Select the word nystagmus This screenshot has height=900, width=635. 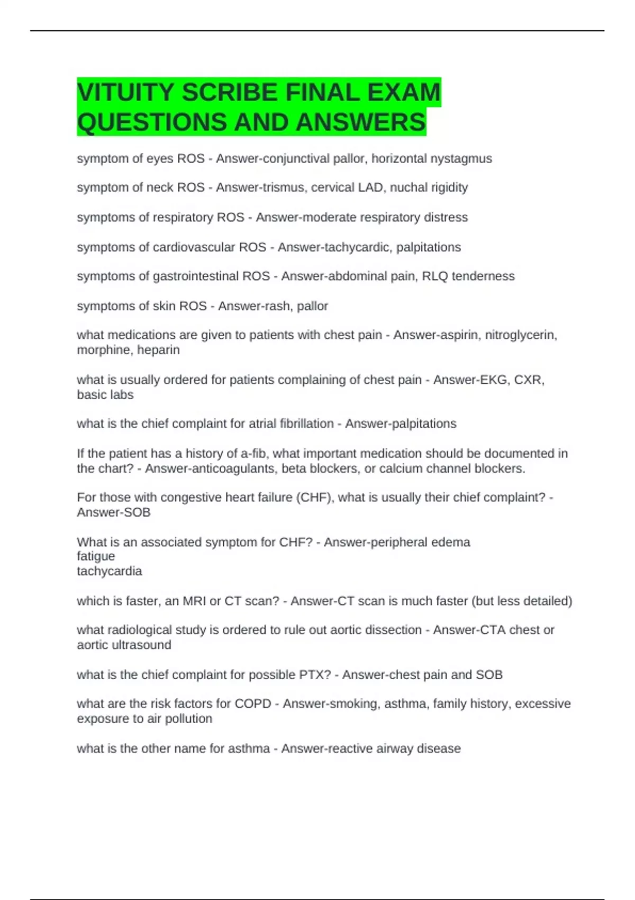pyautogui.click(x=461, y=159)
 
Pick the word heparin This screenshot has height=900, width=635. pyautogui.click(x=158, y=350)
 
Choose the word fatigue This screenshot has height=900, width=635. pyautogui.click(x=96, y=556)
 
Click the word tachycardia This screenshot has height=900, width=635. pyautogui.click(x=110, y=571)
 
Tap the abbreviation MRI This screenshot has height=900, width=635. pyautogui.click(x=195, y=601)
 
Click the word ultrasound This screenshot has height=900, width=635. pyautogui.click(x=141, y=645)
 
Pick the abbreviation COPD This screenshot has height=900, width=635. pyautogui.click(x=253, y=704)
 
